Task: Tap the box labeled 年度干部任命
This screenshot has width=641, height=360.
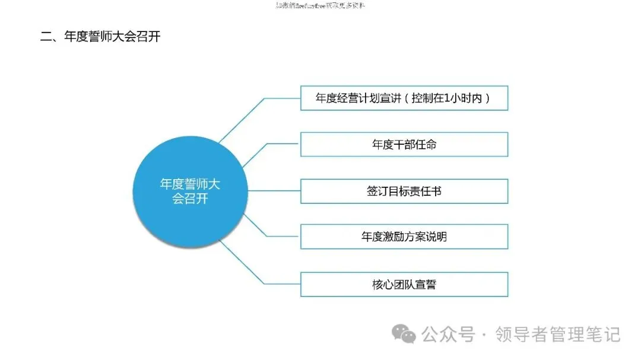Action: click(404, 144)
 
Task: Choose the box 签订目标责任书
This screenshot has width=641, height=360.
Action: click(404, 191)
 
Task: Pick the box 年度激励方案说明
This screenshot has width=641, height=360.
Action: click(404, 237)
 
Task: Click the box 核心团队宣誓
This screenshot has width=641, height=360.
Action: click(404, 284)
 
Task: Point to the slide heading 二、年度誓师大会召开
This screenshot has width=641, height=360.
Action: click(100, 36)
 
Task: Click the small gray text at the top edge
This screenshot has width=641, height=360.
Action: click(320, 6)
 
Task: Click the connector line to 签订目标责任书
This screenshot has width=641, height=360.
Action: click(273, 191)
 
